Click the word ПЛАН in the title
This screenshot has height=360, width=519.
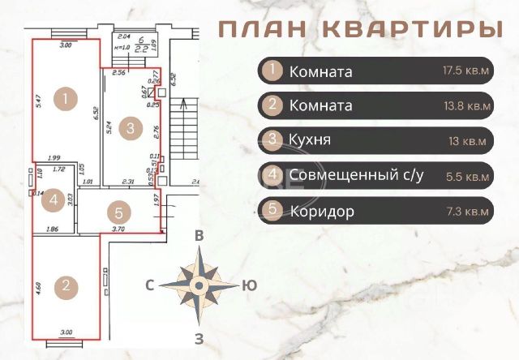261,29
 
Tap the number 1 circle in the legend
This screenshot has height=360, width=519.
274,71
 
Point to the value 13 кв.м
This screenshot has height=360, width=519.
468,141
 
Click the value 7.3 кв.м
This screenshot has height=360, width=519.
468,211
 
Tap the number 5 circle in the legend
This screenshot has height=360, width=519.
274,210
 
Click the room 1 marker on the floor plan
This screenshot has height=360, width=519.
66,101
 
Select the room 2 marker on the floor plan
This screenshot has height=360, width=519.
66,286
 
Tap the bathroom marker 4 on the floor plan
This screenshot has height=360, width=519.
52,199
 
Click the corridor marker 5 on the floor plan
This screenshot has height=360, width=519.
119,213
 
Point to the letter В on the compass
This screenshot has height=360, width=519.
198,236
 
